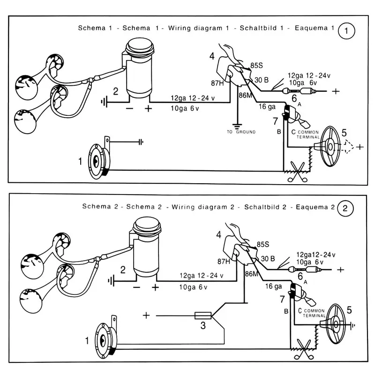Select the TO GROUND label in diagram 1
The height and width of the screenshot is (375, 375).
coord(241,132)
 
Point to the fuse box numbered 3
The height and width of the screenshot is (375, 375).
coord(202,315)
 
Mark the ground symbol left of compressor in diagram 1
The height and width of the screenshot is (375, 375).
coord(105,100)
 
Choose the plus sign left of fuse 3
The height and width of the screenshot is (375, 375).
coord(146,315)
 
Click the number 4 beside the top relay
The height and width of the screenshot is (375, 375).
coord(212,56)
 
